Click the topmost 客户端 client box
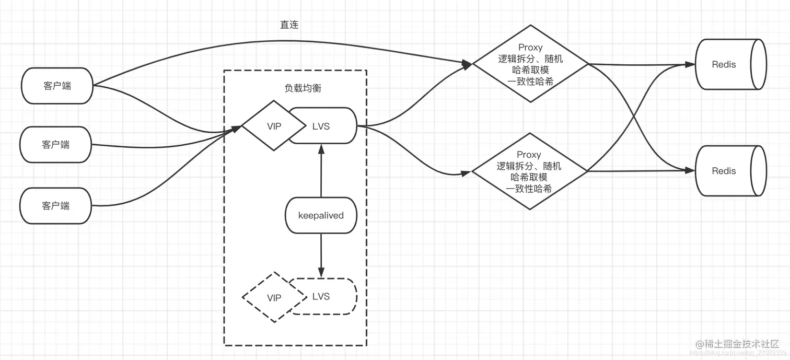57,86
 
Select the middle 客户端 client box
55,145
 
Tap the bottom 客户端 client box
55,206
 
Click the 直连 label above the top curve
289,25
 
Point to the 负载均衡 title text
303,88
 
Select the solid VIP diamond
274,126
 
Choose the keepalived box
321,215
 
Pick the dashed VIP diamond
274,298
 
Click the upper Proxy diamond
531,64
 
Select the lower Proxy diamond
530,171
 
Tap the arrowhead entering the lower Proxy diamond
467,173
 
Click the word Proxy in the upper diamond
531,48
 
